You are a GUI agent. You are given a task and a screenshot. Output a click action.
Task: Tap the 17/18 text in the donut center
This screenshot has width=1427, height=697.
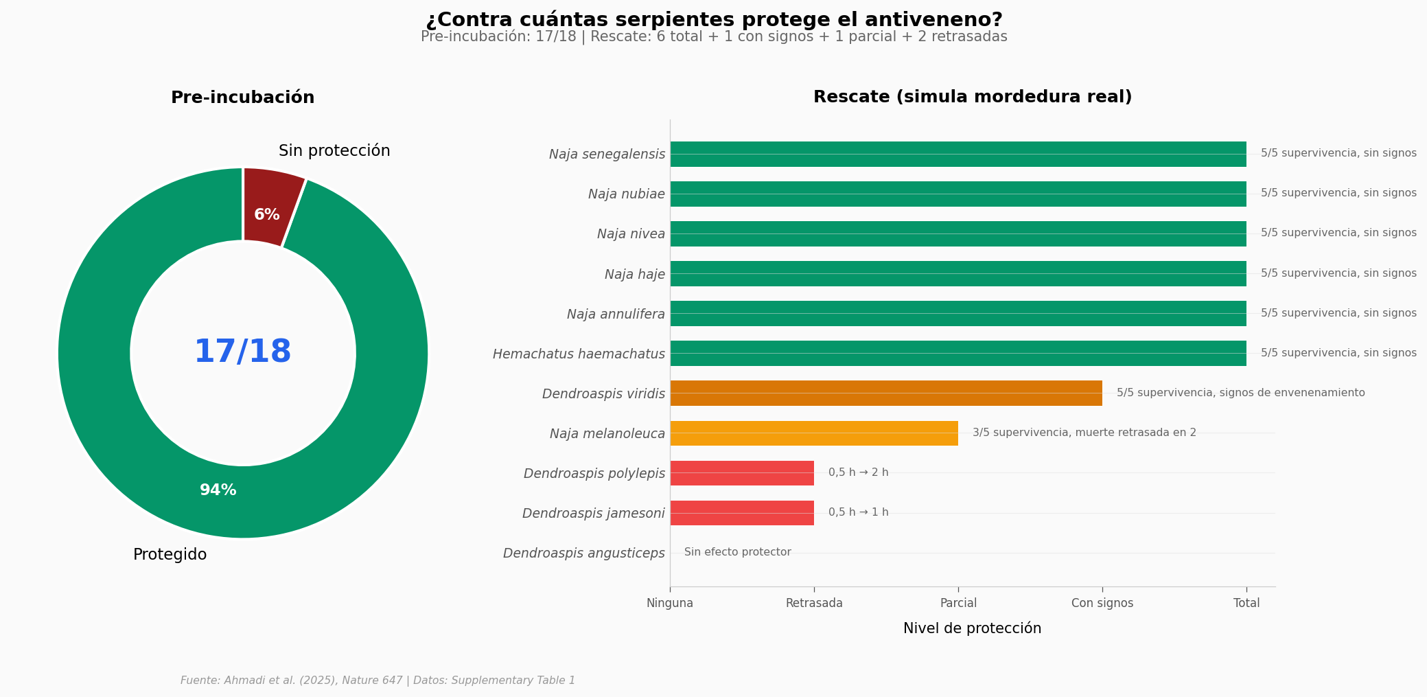(x=243, y=352)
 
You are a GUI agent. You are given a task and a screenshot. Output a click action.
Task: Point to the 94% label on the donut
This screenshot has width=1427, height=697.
(x=218, y=490)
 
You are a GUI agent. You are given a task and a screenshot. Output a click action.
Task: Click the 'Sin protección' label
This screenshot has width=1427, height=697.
(x=334, y=151)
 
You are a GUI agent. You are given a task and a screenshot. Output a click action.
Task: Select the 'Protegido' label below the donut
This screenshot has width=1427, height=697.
(x=170, y=555)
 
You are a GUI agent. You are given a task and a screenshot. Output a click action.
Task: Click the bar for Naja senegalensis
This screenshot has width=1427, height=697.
(x=958, y=154)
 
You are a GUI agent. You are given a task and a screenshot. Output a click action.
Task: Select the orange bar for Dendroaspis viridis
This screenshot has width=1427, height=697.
(x=885, y=393)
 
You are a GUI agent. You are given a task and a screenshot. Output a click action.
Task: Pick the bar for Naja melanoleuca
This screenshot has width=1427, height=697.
(x=813, y=433)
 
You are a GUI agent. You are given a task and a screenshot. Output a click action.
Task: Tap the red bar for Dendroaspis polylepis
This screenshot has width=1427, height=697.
(x=741, y=473)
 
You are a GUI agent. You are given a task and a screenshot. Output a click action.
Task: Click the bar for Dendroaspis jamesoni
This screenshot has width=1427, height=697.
(x=741, y=513)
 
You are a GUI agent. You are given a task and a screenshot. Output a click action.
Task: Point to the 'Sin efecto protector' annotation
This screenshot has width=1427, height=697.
(x=737, y=552)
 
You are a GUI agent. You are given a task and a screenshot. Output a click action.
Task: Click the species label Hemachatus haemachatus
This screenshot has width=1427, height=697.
(x=579, y=354)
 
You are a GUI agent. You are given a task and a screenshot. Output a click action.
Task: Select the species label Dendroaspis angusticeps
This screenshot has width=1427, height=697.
(x=583, y=553)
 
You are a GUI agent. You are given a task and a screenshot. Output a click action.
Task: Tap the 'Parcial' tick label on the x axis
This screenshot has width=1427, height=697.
(x=958, y=603)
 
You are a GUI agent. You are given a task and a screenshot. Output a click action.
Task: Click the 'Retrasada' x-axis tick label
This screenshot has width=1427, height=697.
(x=814, y=603)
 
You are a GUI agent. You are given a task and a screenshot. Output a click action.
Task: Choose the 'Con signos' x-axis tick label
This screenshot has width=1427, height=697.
(x=1102, y=603)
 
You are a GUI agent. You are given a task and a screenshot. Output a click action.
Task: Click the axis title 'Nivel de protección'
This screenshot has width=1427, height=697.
(x=972, y=628)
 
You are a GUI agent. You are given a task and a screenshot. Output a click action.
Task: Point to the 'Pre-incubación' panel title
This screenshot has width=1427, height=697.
(x=243, y=98)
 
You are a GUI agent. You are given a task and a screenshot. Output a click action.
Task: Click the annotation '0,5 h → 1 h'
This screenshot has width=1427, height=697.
(x=858, y=512)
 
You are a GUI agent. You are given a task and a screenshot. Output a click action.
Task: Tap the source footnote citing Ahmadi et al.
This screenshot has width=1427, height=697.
(x=378, y=681)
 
